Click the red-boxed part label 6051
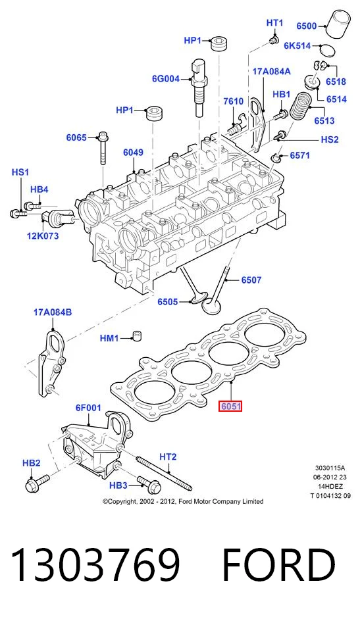point(230,406)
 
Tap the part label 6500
point(307,26)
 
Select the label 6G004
point(166,79)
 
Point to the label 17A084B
point(53,312)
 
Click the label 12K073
point(43,235)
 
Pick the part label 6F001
point(88,408)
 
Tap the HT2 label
point(168,457)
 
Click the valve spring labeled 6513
point(301,106)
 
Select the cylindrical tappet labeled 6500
point(340,24)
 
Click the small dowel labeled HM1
point(136,336)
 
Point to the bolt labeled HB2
point(37,483)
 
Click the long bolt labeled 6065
point(103,147)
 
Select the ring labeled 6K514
point(327,50)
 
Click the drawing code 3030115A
point(330,468)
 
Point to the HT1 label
point(274,23)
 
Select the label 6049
point(133,153)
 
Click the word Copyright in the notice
point(120,501)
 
